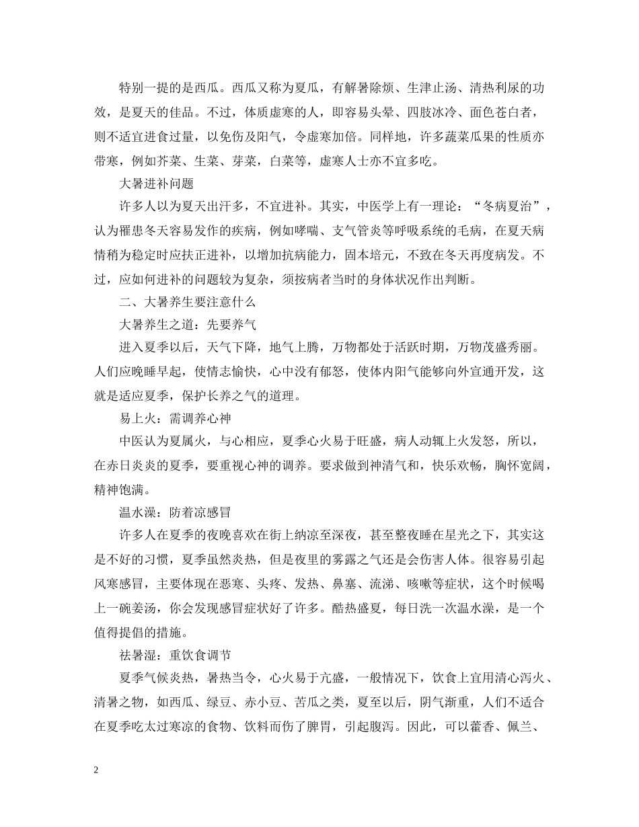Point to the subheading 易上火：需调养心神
(x=175, y=419)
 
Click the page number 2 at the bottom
(x=97, y=771)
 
